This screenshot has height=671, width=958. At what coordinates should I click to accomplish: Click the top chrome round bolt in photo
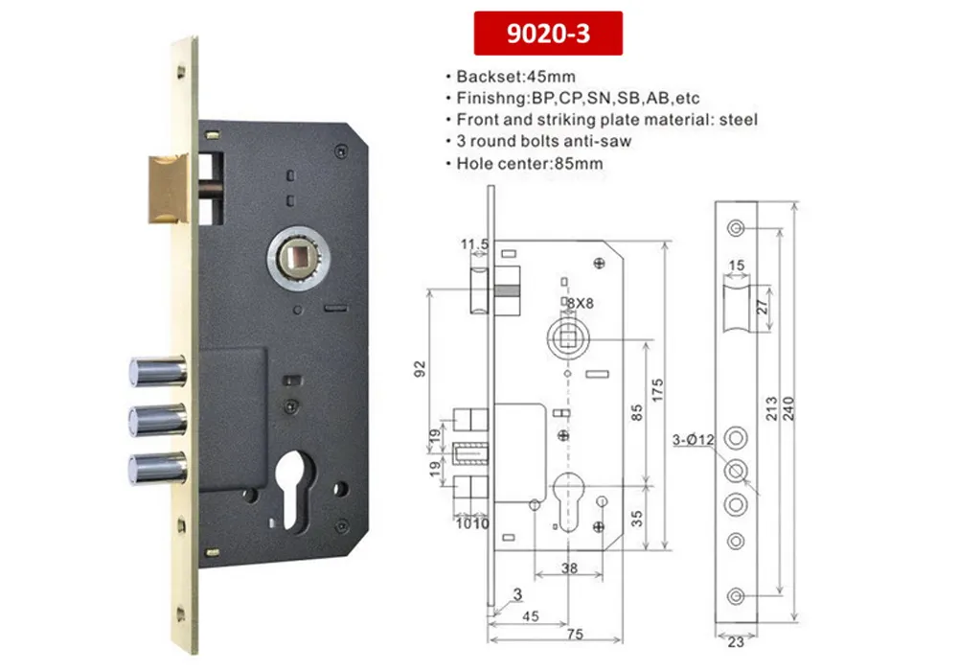(x=155, y=370)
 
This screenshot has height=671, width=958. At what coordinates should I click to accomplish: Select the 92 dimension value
(x=418, y=369)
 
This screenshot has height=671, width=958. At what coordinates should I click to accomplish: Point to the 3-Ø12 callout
(x=693, y=440)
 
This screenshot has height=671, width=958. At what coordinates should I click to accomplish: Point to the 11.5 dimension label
(x=474, y=245)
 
